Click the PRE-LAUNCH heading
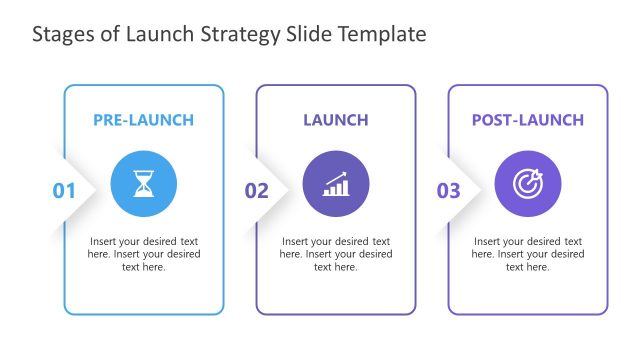click(144, 120)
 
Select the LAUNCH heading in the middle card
click(336, 120)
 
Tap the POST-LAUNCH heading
click(528, 120)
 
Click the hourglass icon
click(144, 183)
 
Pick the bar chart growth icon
click(336, 183)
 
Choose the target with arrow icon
click(528, 183)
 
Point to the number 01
click(64, 190)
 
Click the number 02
click(257, 190)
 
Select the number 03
click(449, 190)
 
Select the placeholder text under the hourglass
click(144, 254)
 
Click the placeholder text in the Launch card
click(336, 254)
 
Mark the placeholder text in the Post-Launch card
click(528, 254)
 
